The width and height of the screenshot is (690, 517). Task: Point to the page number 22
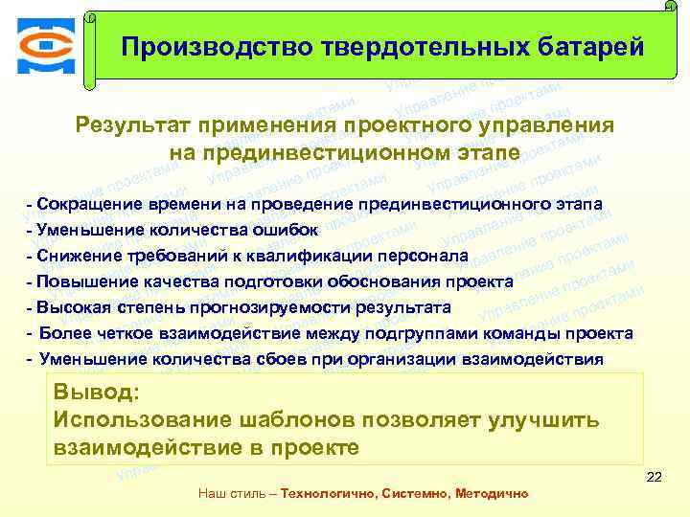pos(655,477)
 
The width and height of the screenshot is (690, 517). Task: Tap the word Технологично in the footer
pos(327,494)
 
